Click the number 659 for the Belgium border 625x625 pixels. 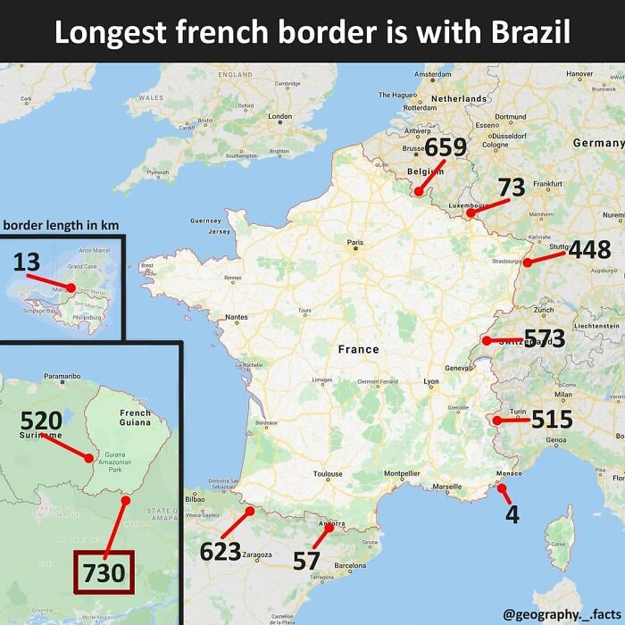click(446, 147)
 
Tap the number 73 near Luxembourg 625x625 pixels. click(511, 187)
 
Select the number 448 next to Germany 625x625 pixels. click(589, 250)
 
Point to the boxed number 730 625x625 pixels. click(103, 572)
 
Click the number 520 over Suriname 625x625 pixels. click(41, 421)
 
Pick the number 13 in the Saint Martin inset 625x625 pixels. click(27, 262)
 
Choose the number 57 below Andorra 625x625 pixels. click(306, 561)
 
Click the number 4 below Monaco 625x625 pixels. click(512, 515)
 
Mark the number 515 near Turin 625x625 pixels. click(551, 419)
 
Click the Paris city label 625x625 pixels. click(355, 242)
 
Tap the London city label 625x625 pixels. click(279, 116)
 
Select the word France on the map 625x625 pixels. click(358, 349)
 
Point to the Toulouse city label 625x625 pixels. click(328, 474)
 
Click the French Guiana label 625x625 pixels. click(135, 419)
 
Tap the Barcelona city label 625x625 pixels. click(350, 565)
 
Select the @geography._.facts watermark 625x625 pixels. click(560, 612)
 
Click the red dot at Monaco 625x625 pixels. click(502, 487)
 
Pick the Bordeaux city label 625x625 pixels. click(266, 421)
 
